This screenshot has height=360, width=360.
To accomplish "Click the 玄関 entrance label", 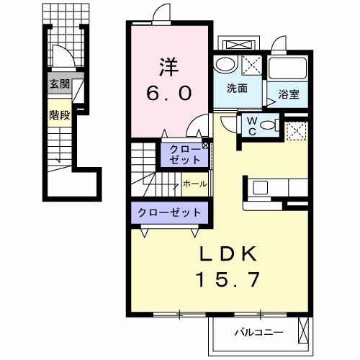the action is (x=60, y=84).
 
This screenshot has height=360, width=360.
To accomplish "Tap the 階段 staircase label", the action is (x=60, y=115).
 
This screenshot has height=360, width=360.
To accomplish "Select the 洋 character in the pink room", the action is (x=168, y=67).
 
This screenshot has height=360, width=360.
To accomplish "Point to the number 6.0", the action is (x=169, y=93).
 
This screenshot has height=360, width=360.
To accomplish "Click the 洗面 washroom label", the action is (x=237, y=89).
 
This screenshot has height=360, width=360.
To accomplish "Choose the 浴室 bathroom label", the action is (x=289, y=94).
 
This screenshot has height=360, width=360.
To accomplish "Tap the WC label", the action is (x=252, y=127).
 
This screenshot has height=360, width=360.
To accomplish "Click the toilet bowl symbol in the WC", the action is (x=269, y=125).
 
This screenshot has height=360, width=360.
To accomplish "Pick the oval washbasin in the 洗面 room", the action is (x=225, y=64).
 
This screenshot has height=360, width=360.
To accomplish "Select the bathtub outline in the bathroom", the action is (x=287, y=68).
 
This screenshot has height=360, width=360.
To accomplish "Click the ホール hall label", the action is (x=195, y=184).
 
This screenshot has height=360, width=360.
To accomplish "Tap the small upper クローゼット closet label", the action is (x=185, y=155).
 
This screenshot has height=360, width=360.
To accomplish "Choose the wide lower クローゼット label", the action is (x=169, y=212).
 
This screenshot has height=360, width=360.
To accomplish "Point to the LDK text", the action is (x=228, y=254).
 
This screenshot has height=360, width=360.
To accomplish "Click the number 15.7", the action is (x=228, y=279).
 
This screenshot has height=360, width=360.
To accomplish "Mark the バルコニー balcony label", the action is (x=258, y=333).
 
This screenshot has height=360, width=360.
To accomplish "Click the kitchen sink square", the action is (x=261, y=188).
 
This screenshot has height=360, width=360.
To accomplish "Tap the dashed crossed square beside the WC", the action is (x=297, y=131).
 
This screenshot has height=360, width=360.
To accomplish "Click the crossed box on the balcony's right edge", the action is (x=303, y=330).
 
